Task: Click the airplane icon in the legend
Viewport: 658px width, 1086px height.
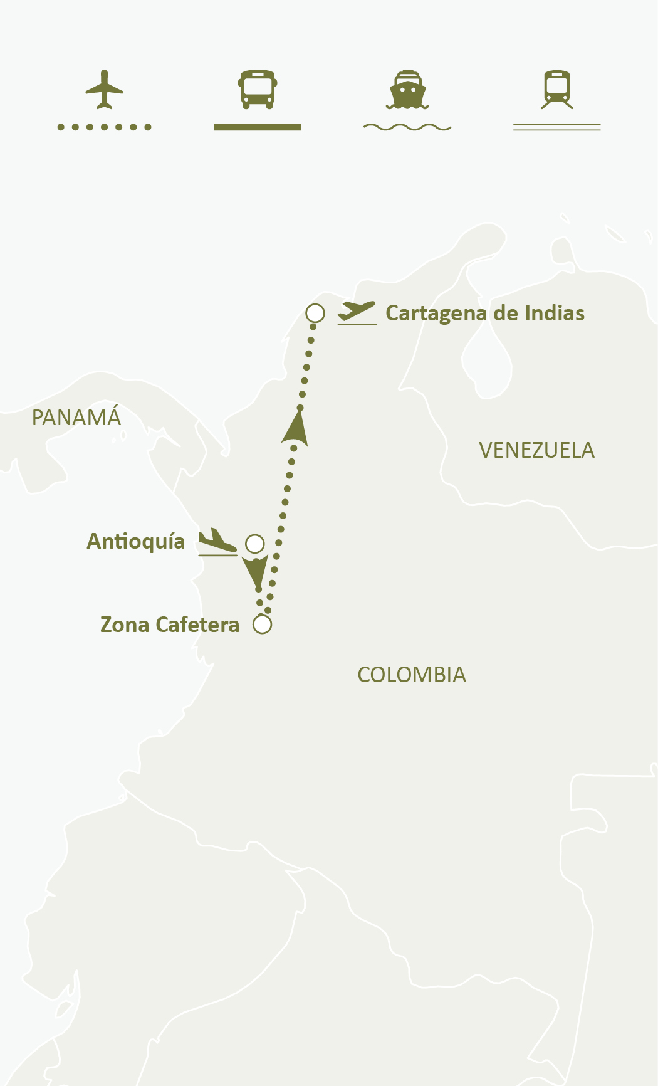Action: (x=104, y=89)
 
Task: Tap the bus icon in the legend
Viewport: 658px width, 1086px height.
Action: (x=258, y=89)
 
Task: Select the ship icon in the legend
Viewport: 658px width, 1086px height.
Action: (x=407, y=89)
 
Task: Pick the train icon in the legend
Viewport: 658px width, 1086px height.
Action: (x=557, y=89)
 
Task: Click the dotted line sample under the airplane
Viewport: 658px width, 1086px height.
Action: (x=104, y=127)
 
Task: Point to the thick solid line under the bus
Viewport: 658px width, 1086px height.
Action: (x=258, y=127)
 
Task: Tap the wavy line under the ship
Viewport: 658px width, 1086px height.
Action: (x=407, y=127)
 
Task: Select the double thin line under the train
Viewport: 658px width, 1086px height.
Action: (x=557, y=127)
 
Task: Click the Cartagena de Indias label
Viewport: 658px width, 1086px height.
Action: (x=485, y=313)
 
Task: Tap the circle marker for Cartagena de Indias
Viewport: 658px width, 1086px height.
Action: (x=315, y=313)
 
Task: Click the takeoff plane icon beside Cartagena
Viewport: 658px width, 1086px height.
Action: (x=357, y=312)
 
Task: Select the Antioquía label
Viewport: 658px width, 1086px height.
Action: (x=136, y=541)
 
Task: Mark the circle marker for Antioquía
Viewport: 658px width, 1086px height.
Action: (x=255, y=544)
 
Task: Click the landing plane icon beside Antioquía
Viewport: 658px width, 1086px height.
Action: (x=217, y=542)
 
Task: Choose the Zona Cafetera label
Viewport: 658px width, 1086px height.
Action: (x=170, y=625)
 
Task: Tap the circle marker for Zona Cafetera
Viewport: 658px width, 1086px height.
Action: (x=263, y=625)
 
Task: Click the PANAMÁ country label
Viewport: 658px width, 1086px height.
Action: (x=76, y=418)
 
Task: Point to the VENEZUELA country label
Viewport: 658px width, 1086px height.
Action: (x=536, y=450)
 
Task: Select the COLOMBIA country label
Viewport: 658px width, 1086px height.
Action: (x=412, y=675)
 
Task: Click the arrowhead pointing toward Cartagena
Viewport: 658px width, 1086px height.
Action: (x=296, y=429)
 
